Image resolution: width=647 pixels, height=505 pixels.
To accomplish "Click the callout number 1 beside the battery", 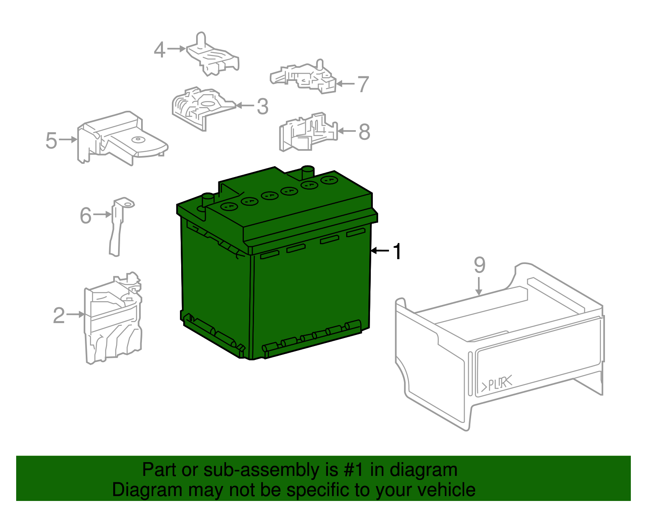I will pyautogui.click(x=398, y=251).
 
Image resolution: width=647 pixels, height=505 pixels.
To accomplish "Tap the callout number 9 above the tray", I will pyautogui.click(x=479, y=265).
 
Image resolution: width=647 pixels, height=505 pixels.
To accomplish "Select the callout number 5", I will pyautogui.click(x=51, y=140).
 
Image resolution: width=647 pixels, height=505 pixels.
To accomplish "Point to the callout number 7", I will pyautogui.click(x=363, y=85).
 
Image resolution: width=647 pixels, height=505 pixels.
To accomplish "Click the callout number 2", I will pyautogui.click(x=59, y=315).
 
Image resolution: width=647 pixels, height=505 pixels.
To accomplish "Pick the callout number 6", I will pyautogui.click(x=86, y=215).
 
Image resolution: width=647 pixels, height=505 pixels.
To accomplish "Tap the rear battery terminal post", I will pyautogui.click(x=308, y=172).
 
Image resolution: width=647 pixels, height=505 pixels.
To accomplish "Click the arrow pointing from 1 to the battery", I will pyautogui.click(x=380, y=251).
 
